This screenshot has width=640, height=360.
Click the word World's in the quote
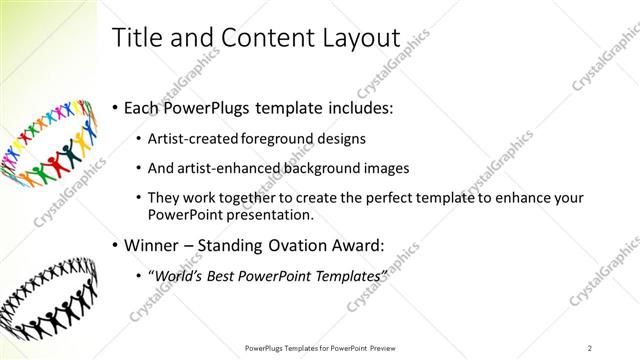[x=180, y=275]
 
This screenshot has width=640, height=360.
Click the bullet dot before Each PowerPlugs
[x=116, y=107]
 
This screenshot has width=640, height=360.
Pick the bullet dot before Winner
[x=116, y=244]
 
